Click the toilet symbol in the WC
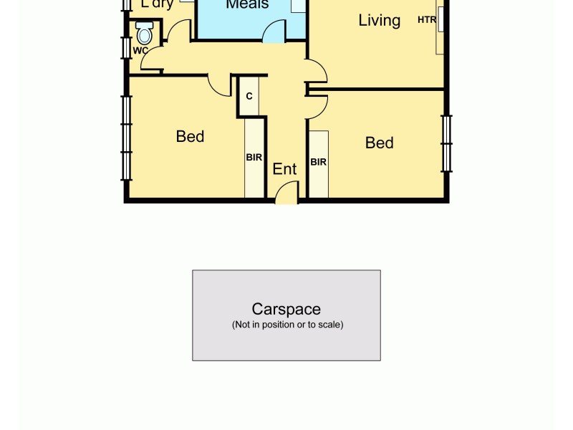[x=145, y=32]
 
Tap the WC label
[x=140, y=50]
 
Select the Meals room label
[x=247, y=5]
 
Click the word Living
[x=379, y=20]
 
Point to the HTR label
[x=427, y=20]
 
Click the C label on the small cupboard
[x=249, y=96]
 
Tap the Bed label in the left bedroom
[x=190, y=136]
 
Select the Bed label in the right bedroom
[x=379, y=143]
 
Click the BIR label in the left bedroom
[x=254, y=158]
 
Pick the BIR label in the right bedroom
[x=318, y=162]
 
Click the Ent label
[x=284, y=169]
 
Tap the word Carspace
[x=286, y=309]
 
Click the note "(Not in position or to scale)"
[x=287, y=325]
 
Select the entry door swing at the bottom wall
[x=286, y=192]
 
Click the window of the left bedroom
[x=127, y=136]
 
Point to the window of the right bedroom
[x=446, y=143]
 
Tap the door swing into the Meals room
[x=274, y=32]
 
